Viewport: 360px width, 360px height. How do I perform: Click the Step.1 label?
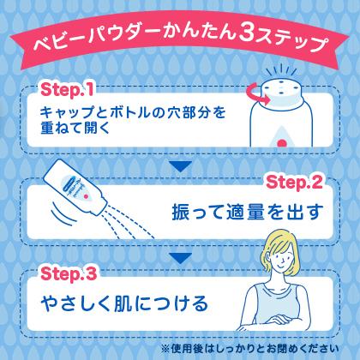[x=67, y=90]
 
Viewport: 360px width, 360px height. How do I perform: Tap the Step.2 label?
[x=294, y=182]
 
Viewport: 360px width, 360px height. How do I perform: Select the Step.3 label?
[x=69, y=273]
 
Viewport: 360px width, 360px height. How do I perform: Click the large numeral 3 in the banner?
[x=245, y=33]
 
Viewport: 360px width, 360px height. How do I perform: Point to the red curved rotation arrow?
[x=255, y=96]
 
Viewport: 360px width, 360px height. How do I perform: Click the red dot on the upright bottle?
[x=282, y=143]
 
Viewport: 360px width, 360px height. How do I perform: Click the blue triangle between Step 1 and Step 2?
[x=180, y=165]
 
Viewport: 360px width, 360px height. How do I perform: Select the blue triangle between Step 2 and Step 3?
[x=180, y=257]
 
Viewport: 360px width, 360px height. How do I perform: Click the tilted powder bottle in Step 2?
[x=75, y=189]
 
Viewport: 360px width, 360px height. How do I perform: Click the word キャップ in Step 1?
[x=65, y=112]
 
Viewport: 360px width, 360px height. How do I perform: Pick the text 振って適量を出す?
[x=248, y=212]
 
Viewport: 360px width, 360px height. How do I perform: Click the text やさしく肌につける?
[x=124, y=303]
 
